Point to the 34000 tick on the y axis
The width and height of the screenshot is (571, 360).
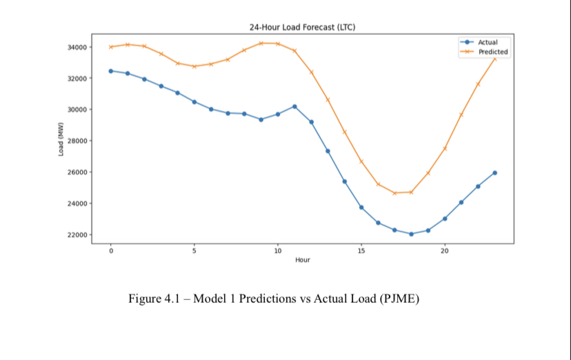coord(77,47)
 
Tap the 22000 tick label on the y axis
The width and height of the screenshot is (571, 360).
coord(77,234)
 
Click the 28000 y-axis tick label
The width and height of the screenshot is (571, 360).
coord(77,141)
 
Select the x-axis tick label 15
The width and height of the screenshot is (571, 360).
coord(361,251)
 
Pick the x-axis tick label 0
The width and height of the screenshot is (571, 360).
coord(110,251)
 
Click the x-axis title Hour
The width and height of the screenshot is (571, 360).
coord(302,260)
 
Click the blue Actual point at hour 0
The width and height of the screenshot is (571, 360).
coord(110,71)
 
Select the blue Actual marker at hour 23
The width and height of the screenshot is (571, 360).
coord(494,172)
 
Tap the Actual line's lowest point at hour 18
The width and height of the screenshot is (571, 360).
coord(411,234)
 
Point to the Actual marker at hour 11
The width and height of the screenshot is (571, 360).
coord(294,106)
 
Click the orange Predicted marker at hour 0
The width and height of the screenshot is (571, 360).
coord(110,47)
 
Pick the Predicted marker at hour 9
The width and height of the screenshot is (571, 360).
coord(261,43)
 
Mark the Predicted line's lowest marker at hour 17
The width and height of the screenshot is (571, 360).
coord(394,193)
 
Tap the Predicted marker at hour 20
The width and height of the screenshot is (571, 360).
coord(445,148)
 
